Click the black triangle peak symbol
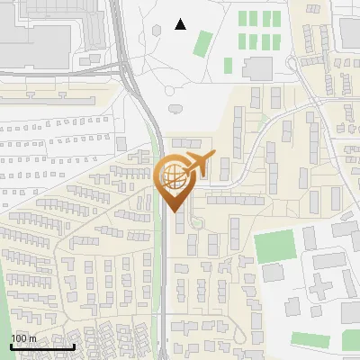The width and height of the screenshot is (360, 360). click(180, 24)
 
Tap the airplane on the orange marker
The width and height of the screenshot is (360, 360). click(196, 166)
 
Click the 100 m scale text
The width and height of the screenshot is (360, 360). click(23, 338)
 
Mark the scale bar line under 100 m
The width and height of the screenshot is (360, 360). click(41, 346)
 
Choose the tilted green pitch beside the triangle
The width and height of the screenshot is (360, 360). click(203, 42)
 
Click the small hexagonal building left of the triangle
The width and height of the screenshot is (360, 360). click(157, 29)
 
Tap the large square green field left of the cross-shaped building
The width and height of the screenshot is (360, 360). click(274, 247)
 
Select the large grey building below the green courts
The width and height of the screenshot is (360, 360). click(257, 67)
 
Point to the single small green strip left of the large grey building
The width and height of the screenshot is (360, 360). click(229, 65)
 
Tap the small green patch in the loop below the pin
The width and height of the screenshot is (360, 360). click(197, 222)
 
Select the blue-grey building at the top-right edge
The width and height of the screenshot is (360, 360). click(350, 33)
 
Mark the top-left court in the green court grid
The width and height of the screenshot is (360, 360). click(242, 18)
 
